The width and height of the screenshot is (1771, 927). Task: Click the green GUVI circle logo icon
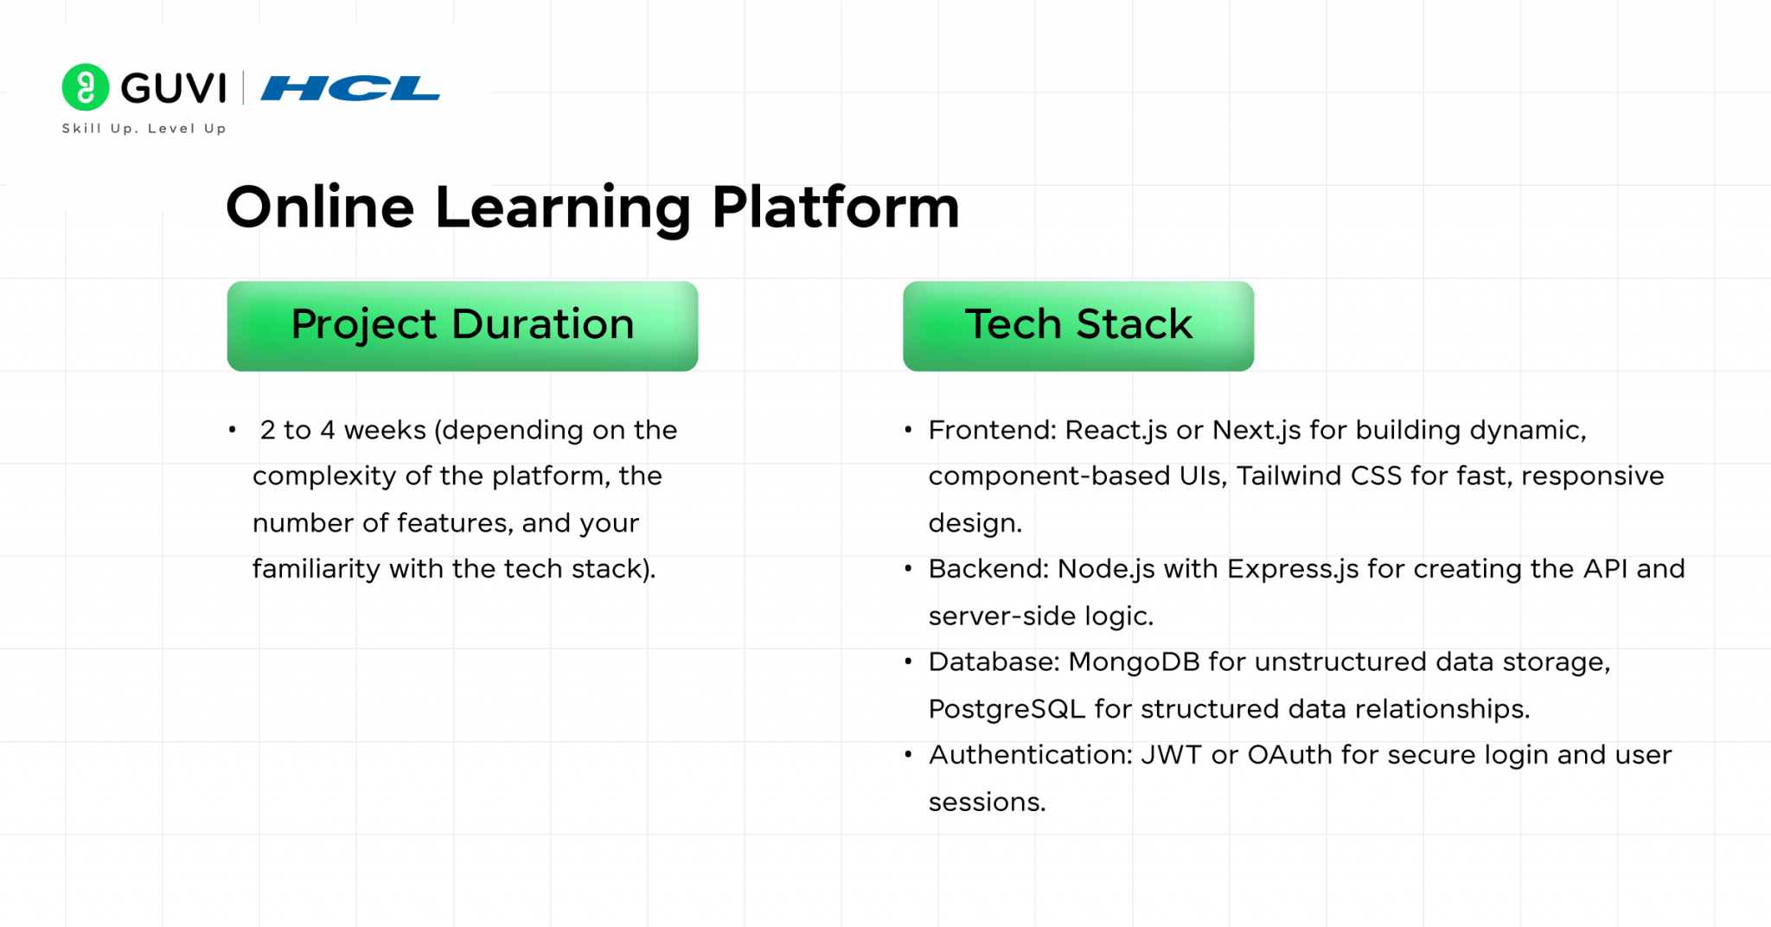coord(86,87)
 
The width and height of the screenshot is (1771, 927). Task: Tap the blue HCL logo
coord(350,88)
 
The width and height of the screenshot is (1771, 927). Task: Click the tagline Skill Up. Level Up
coord(144,129)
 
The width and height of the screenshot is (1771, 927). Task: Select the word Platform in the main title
coord(835,208)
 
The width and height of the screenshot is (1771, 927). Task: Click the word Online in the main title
coord(321,208)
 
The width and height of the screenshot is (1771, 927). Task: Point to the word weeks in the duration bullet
coord(385,430)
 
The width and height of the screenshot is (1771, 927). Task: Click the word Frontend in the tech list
coord(992,430)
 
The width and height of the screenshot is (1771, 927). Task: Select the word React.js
coord(1116,430)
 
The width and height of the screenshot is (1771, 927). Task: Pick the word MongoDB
coord(1134,662)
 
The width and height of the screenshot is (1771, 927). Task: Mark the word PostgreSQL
coord(1007,709)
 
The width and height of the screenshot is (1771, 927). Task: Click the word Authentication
coord(1030,755)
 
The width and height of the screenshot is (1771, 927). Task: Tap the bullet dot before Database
coord(908,662)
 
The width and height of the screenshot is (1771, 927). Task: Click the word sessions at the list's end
coord(987,802)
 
